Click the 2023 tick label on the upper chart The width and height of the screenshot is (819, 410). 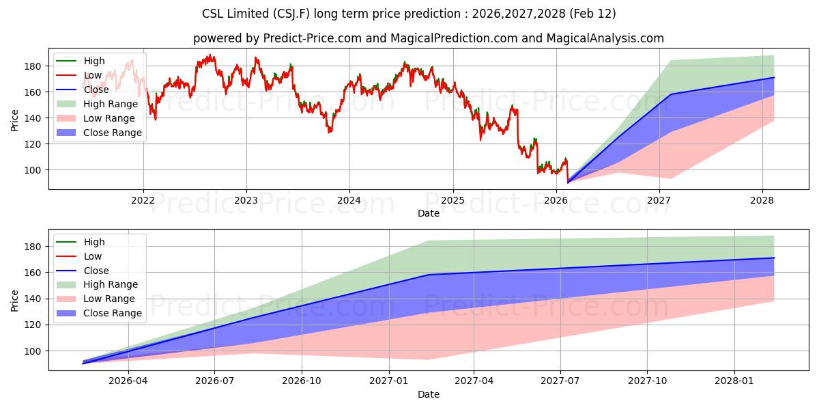[246, 200]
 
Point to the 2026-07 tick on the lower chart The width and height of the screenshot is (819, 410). [215, 381]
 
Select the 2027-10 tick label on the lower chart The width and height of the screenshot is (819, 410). [648, 381]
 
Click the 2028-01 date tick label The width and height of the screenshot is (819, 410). [734, 381]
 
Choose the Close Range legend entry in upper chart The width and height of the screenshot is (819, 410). [113, 133]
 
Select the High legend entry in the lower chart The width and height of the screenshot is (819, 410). [94, 242]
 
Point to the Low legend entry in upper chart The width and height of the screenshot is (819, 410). [92, 75]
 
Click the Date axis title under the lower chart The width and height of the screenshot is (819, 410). [428, 394]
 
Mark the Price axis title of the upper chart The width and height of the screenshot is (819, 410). [14, 120]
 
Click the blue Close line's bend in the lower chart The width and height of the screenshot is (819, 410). [429, 275]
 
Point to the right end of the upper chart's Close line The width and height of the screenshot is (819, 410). [774, 77]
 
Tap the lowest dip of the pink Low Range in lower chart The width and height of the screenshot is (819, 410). [429, 359]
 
